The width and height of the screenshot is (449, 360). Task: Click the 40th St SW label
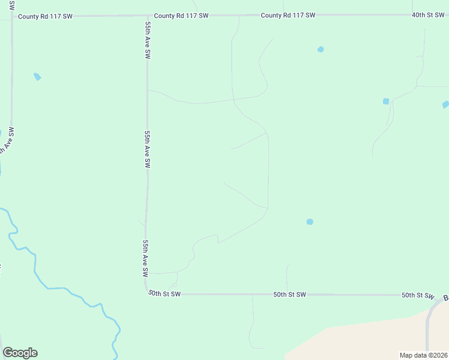coord(427,14)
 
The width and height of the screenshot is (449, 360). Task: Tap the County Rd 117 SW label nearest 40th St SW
coord(288,15)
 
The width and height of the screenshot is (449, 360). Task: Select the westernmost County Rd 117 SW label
coord(45,16)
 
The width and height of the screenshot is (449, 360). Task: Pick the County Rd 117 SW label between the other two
coord(181,16)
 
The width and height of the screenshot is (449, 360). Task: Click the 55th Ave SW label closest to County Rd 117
coord(147,41)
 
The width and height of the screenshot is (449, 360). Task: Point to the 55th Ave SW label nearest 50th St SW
coord(145,258)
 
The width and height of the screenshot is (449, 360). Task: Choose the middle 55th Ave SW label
coord(147,149)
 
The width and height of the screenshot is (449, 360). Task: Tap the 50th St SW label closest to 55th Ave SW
coord(164,295)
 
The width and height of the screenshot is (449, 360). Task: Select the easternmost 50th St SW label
coord(417,295)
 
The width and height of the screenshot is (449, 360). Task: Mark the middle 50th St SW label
coord(289,295)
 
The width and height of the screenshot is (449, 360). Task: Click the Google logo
coord(20,353)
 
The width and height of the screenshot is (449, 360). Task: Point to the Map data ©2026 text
coord(424,355)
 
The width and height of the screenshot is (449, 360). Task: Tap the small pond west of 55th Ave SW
coord(37,77)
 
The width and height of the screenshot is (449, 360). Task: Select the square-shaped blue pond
coord(386,101)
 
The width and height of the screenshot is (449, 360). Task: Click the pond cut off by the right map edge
coord(445,104)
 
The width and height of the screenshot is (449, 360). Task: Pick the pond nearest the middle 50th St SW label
coord(310,222)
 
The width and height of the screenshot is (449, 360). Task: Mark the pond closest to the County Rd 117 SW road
coord(321,49)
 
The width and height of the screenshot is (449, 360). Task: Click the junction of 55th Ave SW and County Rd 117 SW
coord(148,16)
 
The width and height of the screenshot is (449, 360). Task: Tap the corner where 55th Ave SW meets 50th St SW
coord(148,292)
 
